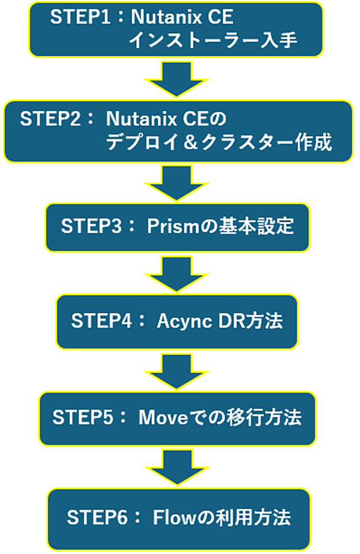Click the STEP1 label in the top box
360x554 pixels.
pos(80,17)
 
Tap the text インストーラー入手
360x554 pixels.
pos(213,40)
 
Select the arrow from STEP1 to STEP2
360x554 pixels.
pos(177,79)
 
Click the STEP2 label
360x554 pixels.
pos(51,119)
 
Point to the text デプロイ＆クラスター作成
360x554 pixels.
pos(219,142)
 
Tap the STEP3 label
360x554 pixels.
pos(92,226)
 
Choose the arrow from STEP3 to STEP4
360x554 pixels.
pos(177,274)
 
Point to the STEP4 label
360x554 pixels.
pos(102,321)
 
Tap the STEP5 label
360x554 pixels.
pos(84,417)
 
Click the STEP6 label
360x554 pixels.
pos(98,518)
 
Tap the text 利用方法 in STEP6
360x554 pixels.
pos(253,518)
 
